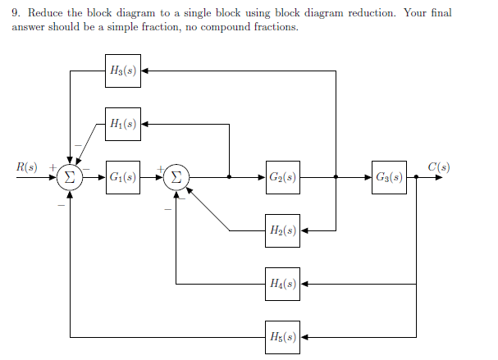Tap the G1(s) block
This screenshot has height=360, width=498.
122,177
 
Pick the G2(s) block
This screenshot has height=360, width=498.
282,177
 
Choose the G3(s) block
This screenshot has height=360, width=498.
388,177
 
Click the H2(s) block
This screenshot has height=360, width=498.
282,230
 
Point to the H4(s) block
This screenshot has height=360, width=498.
282,284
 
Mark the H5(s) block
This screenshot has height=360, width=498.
282,336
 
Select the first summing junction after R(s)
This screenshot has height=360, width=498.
70,177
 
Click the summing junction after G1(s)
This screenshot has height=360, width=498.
176,177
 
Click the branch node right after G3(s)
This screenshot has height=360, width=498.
417,177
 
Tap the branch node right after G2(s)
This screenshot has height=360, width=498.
336,177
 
